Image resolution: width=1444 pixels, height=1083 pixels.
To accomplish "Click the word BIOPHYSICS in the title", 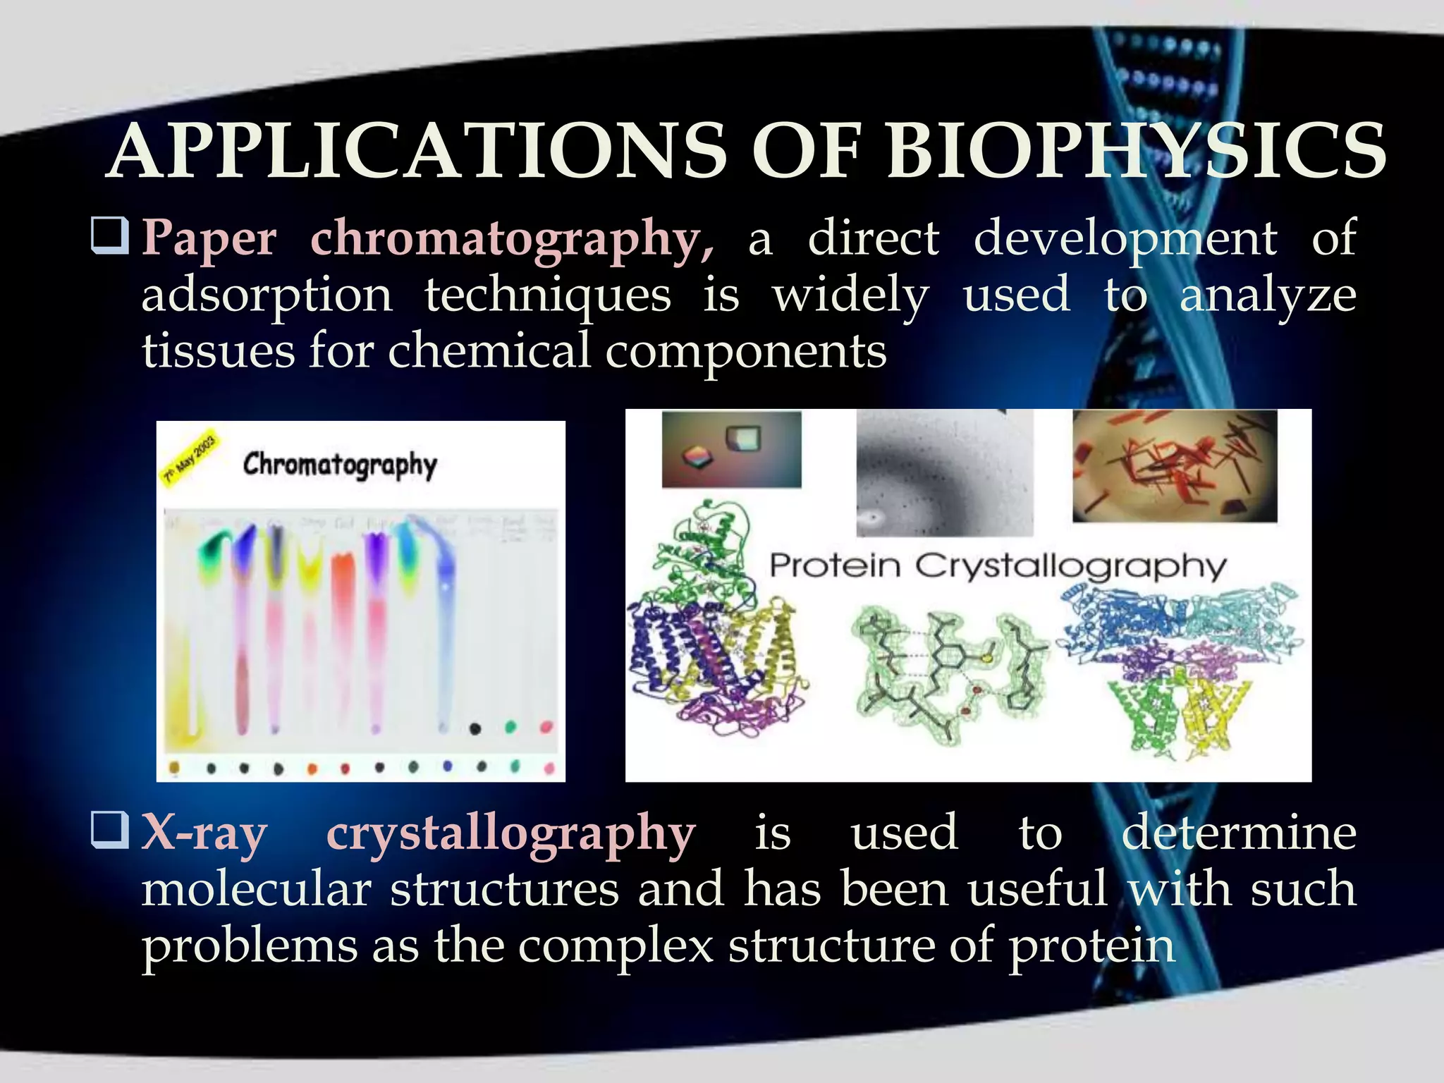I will pyautogui.click(x=1135, y=152).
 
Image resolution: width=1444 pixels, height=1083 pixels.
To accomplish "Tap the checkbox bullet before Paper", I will pyautogui.click(x=110, y=236).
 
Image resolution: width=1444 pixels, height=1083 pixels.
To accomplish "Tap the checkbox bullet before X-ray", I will pyautogui.click(x=110, y=830).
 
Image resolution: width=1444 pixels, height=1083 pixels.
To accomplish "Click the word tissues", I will pyautogui.click(x=218, y=351).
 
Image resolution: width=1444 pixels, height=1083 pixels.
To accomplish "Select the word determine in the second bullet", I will pyautogui.click(x=1239, y=833).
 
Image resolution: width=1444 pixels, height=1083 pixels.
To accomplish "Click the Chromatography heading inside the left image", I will pyautogui.click(x=340, y=465).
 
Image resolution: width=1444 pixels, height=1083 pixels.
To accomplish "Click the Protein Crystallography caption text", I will pyautogui.click(x=998, y=566).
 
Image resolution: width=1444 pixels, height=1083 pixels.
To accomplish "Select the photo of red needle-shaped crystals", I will pyautogui.click(x=1175, y=465).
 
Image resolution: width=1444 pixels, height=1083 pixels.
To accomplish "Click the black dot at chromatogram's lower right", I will pyautogui.click(x=475, y=728).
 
